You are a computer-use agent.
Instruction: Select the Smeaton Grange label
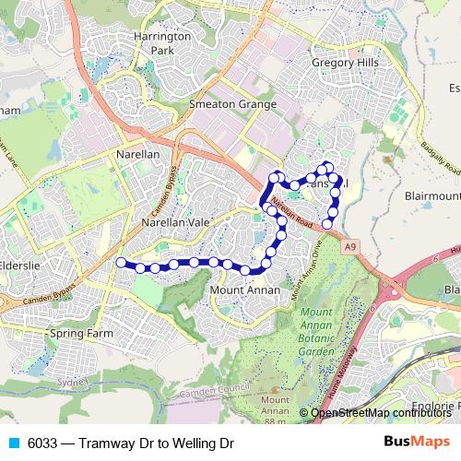[x=232, y=104]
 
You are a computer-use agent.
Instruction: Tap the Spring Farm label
[x=81, y=333]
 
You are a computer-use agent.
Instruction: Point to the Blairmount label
[x=431, y=195]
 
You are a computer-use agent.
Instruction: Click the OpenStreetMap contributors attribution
[x=379, y=412]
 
